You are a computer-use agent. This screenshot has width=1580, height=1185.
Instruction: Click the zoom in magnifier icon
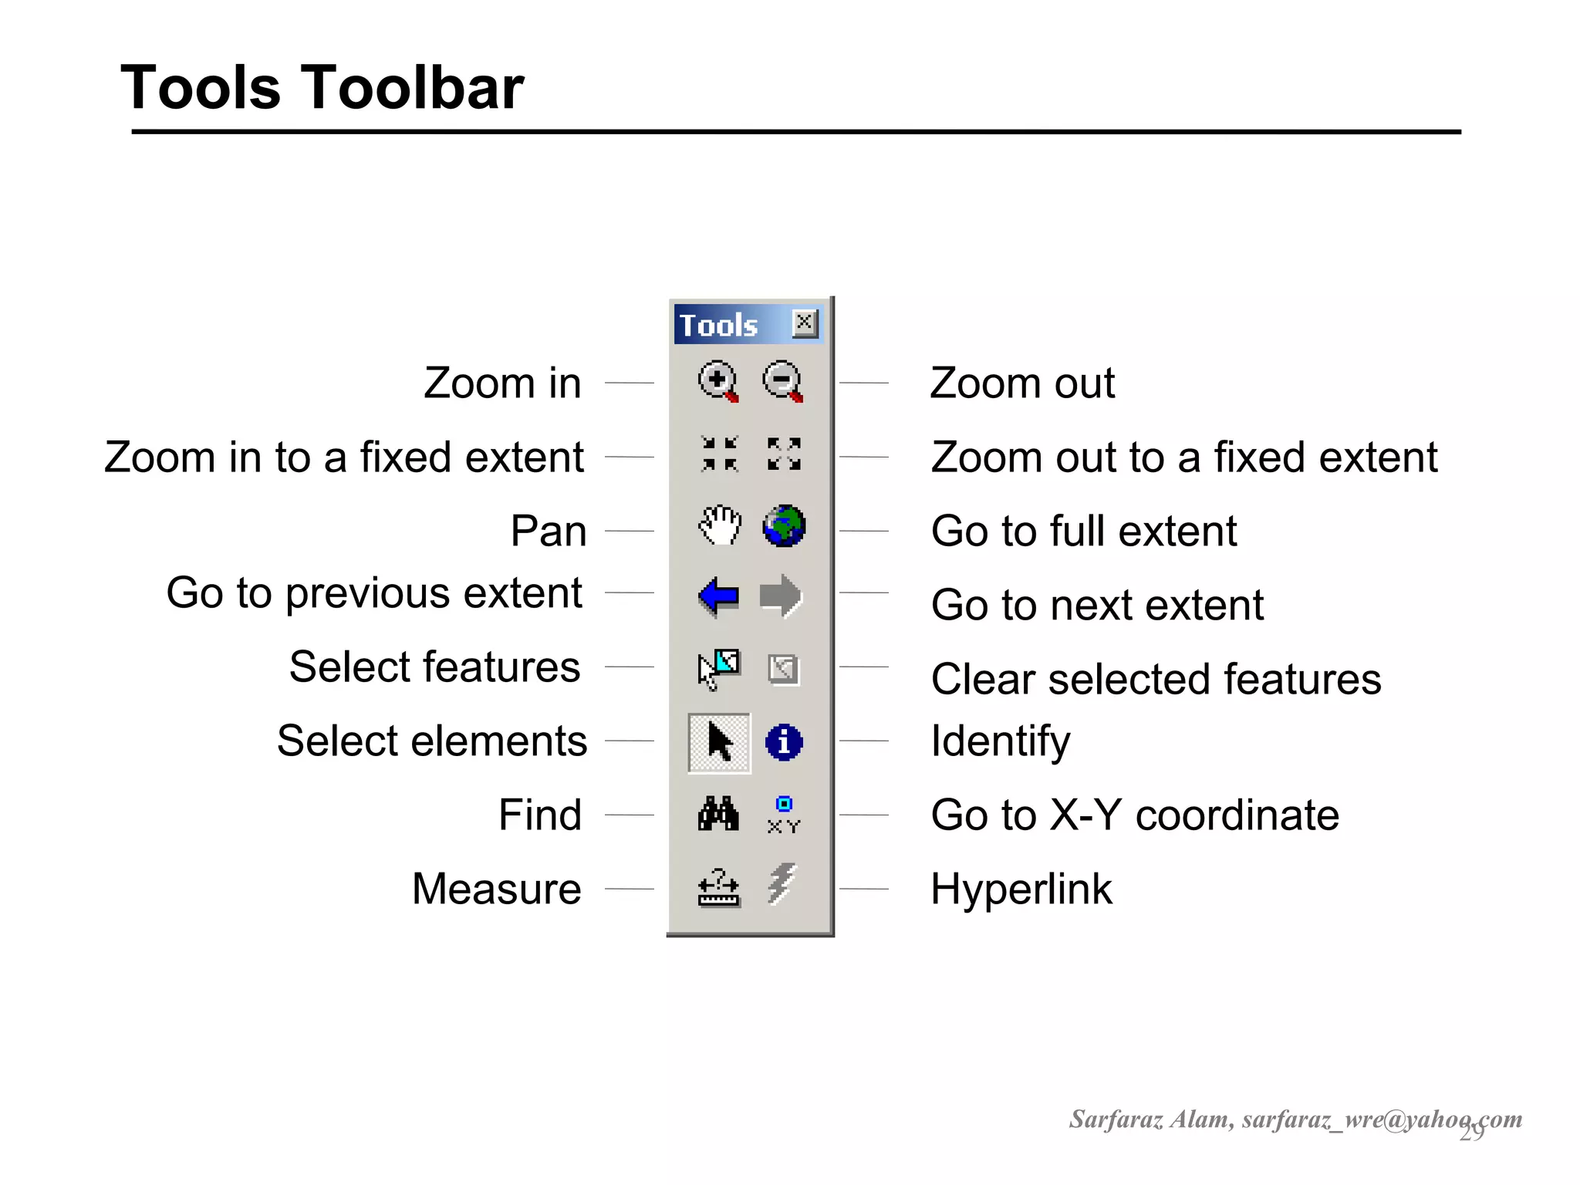click(717, 380)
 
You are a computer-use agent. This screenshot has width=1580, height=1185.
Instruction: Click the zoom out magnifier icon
click(782, 380)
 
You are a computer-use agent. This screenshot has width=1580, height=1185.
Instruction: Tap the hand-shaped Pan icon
click(719, 526)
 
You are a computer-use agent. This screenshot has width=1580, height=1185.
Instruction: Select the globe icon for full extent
click(784, 526)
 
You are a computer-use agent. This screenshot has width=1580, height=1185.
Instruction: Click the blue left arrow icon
click(718, 596)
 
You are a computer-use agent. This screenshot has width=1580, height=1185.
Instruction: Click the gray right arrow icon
click(781, 596)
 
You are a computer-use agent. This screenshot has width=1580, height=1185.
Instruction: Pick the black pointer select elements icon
click(719, 742)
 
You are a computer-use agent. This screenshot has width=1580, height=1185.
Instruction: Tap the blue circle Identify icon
click(784, 742)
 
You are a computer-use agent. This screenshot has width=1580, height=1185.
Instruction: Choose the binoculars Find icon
click(718, 814)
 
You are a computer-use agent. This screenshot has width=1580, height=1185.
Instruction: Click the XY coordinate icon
click(784, 815)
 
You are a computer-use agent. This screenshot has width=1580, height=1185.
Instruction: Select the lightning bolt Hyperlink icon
click(782, 883)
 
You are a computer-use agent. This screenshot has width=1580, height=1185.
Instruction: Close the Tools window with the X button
click(805, 322)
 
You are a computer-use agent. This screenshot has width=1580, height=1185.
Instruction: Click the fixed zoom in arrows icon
click(719, 453)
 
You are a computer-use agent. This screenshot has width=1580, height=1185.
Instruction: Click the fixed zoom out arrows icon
click(784, 453)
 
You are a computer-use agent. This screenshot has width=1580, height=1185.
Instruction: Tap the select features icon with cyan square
click(718, 668)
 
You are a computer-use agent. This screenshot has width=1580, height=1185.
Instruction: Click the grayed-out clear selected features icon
click(783, 669)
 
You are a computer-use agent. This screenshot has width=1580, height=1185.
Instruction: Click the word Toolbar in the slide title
click(412, 87)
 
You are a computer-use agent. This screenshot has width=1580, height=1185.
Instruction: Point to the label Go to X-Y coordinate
click(1135, 815)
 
